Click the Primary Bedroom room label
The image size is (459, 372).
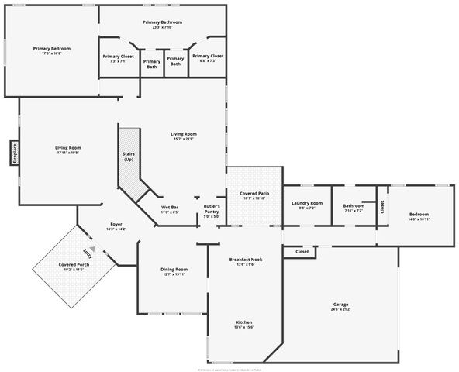tap(52, 50)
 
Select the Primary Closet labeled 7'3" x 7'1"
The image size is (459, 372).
tap(119, 58)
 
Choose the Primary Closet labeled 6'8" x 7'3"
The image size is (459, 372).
tap(207, 58)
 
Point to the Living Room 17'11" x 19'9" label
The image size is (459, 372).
tap(68, 150)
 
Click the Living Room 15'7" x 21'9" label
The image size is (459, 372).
tap(184, 136)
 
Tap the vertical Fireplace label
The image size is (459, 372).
tap(14, 152)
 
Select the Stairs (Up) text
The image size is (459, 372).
tap(128, 157)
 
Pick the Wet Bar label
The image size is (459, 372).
tap(170, 209)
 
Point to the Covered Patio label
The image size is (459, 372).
tap(254, 195)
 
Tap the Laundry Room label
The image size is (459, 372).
tap(306, 205)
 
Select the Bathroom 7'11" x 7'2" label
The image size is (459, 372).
tap(354, 207)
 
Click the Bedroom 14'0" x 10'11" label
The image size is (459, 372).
tap(419, 217)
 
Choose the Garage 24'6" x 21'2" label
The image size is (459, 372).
tap(341, 307)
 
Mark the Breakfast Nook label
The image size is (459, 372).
tap(246, 262)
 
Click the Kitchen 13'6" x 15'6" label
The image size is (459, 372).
tap(244, 325)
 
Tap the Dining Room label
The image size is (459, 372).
tap(174, 271)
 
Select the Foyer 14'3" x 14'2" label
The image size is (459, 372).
tap(115, 226)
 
